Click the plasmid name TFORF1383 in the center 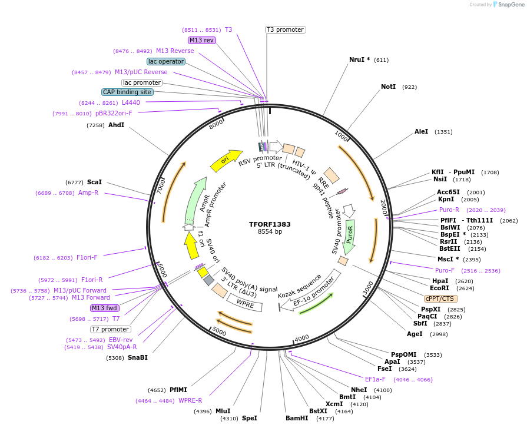click(x=270, y=224)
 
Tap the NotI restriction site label click(x=388, y=87)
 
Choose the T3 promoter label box click(x=285, y=29)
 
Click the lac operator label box click(x=166, y=61)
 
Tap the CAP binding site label click(x=127, y=92)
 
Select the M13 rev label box click(x=201, y=40)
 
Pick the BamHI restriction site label click(x=297, y=419)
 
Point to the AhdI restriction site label click(x=116, y=125)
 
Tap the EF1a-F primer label click(x=375, y=379)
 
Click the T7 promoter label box click(x=111, y=329)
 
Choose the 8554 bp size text click(x=270, y=232)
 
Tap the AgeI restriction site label click(x=415, y=334)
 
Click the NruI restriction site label click(x=359, y=59)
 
